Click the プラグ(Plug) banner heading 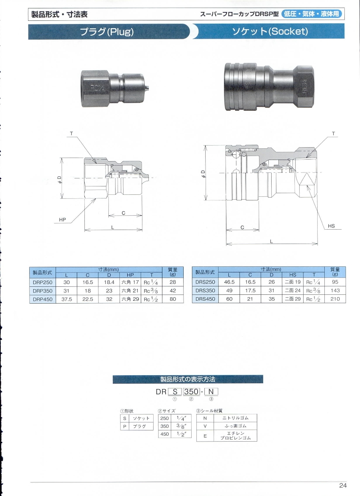(x=107, y=32)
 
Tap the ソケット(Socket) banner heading (x=270, y=31)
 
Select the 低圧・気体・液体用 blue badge (x=312, y=14)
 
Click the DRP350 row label (x=42, y=290)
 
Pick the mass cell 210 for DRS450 (x=335, y=299)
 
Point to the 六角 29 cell (x=130, y=299)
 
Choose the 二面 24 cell (x=293, y=290)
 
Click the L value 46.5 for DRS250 (x=229, y=282)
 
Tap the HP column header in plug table (x=130, y=275)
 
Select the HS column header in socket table (x=293, y=275)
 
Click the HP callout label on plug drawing (x=62, y=220)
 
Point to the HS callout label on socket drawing (x=331, y=226)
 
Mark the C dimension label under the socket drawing (x=242, y=227)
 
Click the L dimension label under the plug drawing (x=113, y=227)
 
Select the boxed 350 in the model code (x=192, y=392)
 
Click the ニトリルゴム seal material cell (x=235, y=418)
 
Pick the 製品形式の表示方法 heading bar (x=188, y=379)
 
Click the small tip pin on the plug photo (x=147, y=88)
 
